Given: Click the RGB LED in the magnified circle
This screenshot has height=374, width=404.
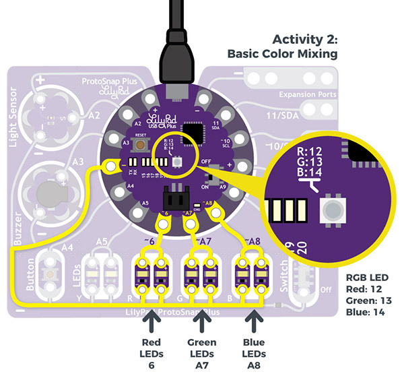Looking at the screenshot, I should coord(332,207).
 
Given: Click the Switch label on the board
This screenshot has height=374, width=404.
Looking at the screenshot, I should coord(283,275).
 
